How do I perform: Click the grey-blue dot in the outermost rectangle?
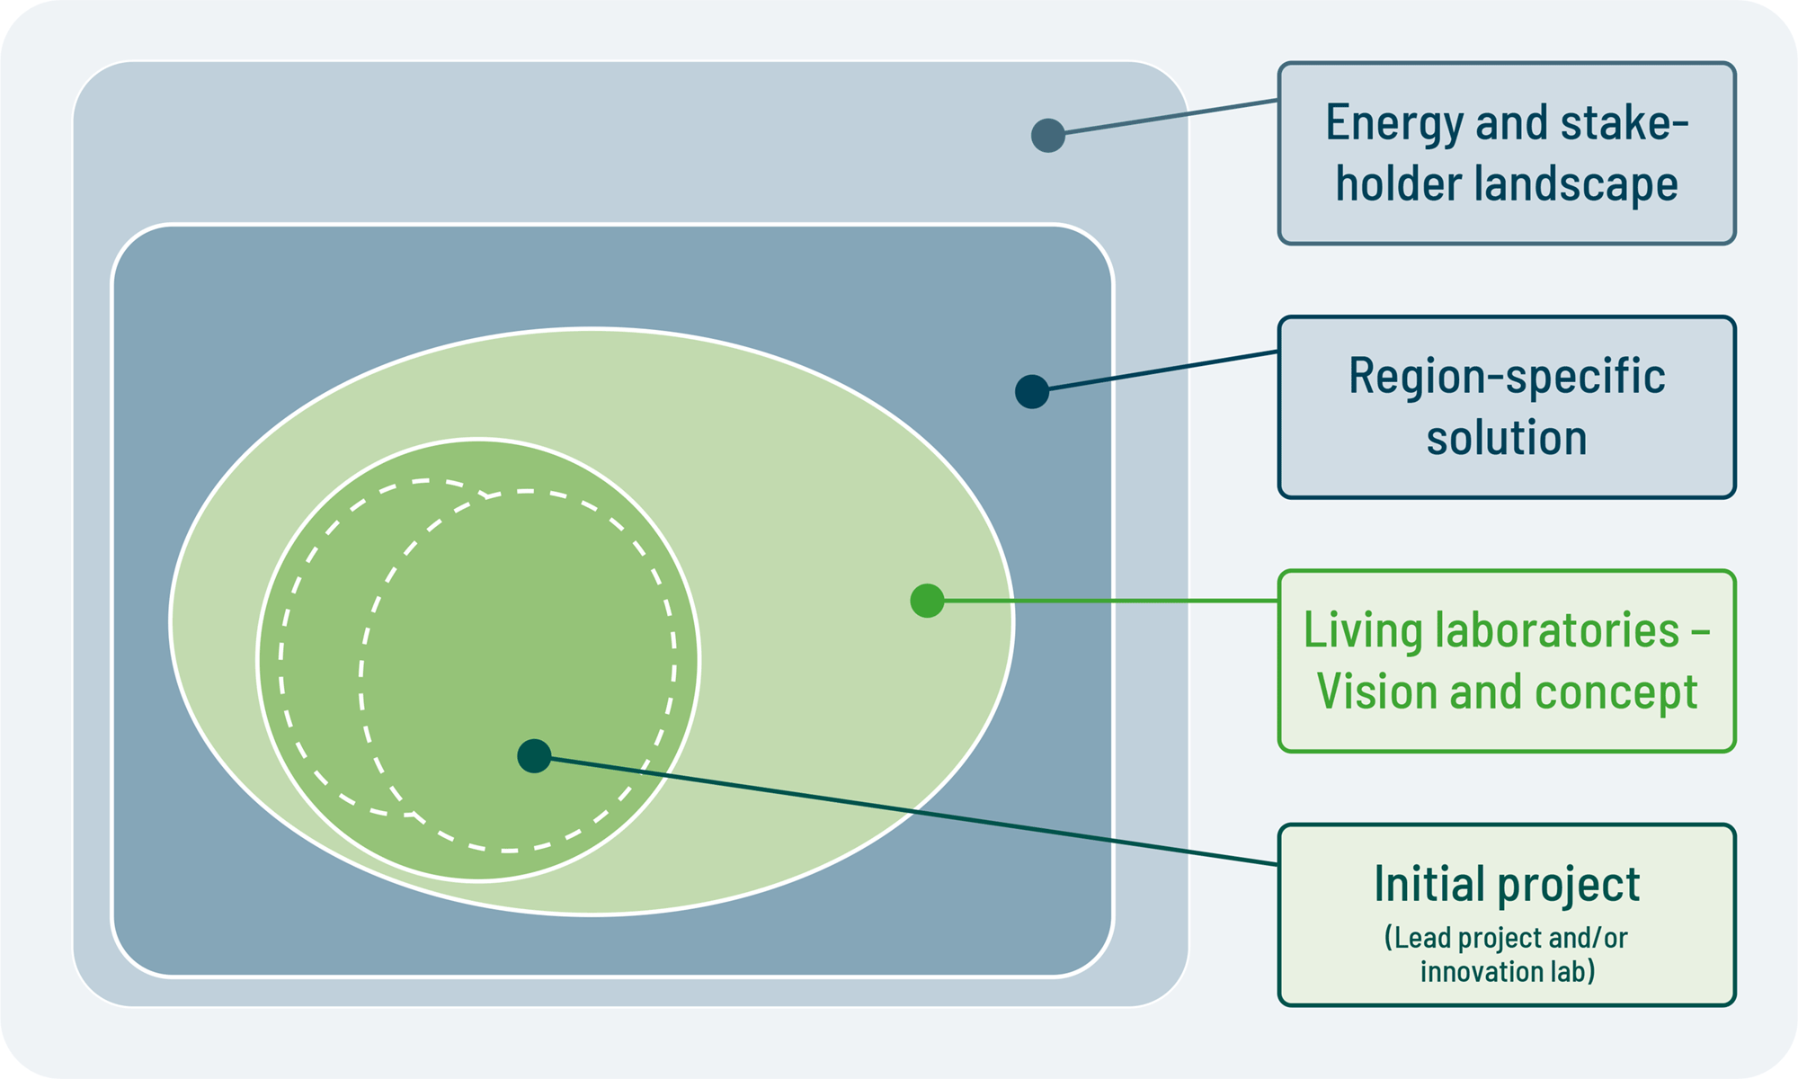click(1048, 136)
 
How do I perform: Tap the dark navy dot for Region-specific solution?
click(1032, 392)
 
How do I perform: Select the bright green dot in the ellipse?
click(927, 601)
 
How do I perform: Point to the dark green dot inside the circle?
click(534, 756)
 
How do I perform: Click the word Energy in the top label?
click(1394, 124)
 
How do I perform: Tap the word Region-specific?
click(1507, 377)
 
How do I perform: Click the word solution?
click(1507, 438)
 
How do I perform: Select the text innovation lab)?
click(1507, 972)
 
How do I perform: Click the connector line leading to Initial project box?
click(906, 811)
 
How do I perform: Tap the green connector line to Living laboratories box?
click(1103, 601)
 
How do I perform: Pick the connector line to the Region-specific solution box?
click(1155, 371)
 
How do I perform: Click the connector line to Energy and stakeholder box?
click(1163, 118)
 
